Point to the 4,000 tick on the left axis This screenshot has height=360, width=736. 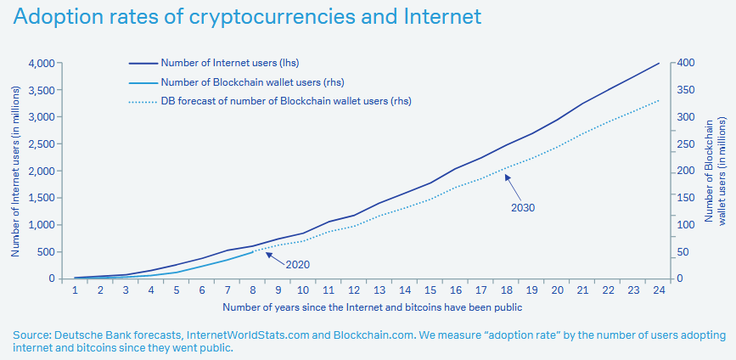pos(42,63)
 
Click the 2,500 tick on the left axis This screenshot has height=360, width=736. pos(42,143)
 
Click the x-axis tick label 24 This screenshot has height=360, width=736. pos(658,290)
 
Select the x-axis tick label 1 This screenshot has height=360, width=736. pos(75,290)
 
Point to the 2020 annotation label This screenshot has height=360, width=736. pos(297,264)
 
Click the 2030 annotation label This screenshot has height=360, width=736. pos(523,207)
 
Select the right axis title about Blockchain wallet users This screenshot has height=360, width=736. pos(716,170)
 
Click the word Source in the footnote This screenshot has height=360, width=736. pos(31,335)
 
